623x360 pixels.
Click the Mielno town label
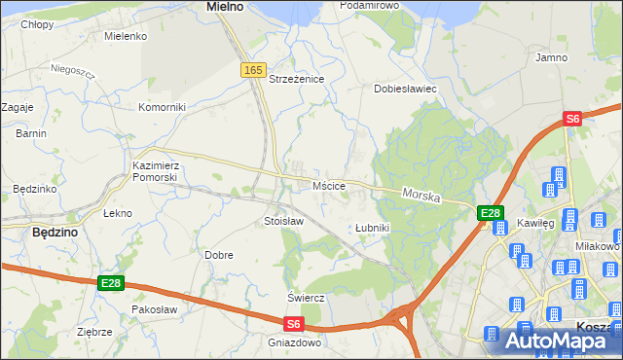pyautogui.click(x=225, y=7)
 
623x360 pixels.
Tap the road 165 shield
pyautogui.click(x=253, y=70)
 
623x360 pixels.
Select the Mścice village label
pyautogui.click(x=329, y=185)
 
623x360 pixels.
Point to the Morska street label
pyautogui.click(x=421, y=196)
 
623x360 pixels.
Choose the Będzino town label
pyautogui.click(x=55, y=234)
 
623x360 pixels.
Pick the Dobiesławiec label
pyautogui.click(x=405, y=89)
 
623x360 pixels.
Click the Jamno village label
pyautogui.click(x=551, y=58)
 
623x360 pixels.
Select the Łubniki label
pyautogui.click(x=372, y=228)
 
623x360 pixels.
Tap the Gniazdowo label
pyautogui.click(x=294, y=342)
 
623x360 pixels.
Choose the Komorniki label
pyautogui.click(x=162, y=107)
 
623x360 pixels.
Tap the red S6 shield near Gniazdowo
pyautogui.click(x=295, y=324)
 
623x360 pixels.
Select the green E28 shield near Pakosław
pyautogui.click(x=111, y=283)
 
